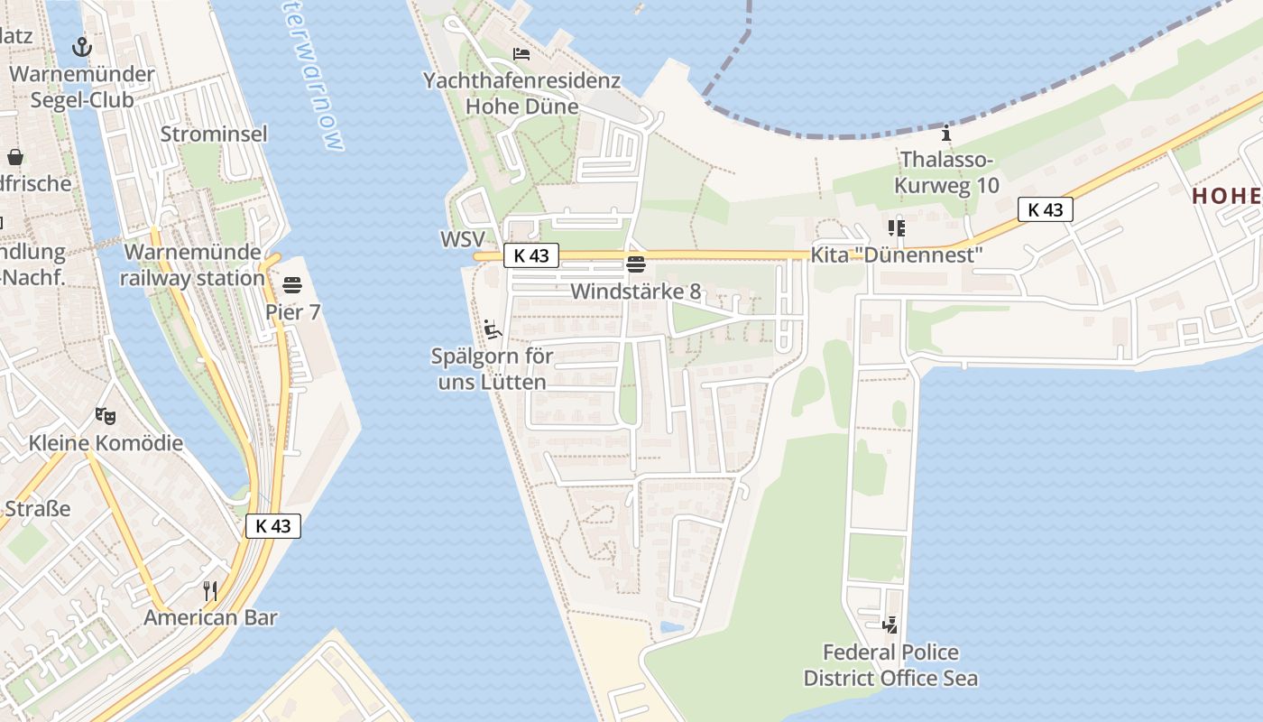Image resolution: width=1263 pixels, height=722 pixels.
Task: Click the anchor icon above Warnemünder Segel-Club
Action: tap(82, 46)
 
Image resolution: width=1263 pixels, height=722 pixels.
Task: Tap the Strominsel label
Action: tap(214, 134)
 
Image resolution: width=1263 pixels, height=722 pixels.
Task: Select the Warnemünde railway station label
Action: tap(192, 264)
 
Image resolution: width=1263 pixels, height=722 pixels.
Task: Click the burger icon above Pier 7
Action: tap(291, 286)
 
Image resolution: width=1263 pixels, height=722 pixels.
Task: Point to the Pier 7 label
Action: tap(293, 312)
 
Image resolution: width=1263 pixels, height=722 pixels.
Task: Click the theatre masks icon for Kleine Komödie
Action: tap(106, 416)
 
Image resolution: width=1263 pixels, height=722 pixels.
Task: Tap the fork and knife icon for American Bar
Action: tap(210, 591)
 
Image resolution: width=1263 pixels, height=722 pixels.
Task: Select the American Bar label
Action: tap(210, 618)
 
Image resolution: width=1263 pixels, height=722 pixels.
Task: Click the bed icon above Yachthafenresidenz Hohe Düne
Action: tap(521, 54)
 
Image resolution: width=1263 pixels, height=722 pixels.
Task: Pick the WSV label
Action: tap(463, 239)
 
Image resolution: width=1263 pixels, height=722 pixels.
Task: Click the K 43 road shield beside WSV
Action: tap(530, 255)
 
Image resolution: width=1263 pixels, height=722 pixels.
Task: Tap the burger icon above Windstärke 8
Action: tap(635, 264)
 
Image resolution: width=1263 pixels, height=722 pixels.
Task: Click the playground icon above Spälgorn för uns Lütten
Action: tap(492, 329)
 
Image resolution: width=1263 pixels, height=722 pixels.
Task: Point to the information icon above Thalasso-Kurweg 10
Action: tap(945, 134)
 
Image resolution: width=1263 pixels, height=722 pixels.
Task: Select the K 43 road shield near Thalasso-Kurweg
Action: tap(1045, 209)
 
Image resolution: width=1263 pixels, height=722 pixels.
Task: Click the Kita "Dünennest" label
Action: tap(895, 255)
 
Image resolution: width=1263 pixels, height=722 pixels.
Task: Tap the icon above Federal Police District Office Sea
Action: tap(890, 625)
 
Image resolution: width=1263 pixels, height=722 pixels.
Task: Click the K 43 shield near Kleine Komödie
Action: tap(272, 525)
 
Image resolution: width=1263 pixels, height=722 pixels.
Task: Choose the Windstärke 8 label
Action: tap(635, 292)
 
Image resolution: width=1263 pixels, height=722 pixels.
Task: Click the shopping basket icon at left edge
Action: tap(15, 157)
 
